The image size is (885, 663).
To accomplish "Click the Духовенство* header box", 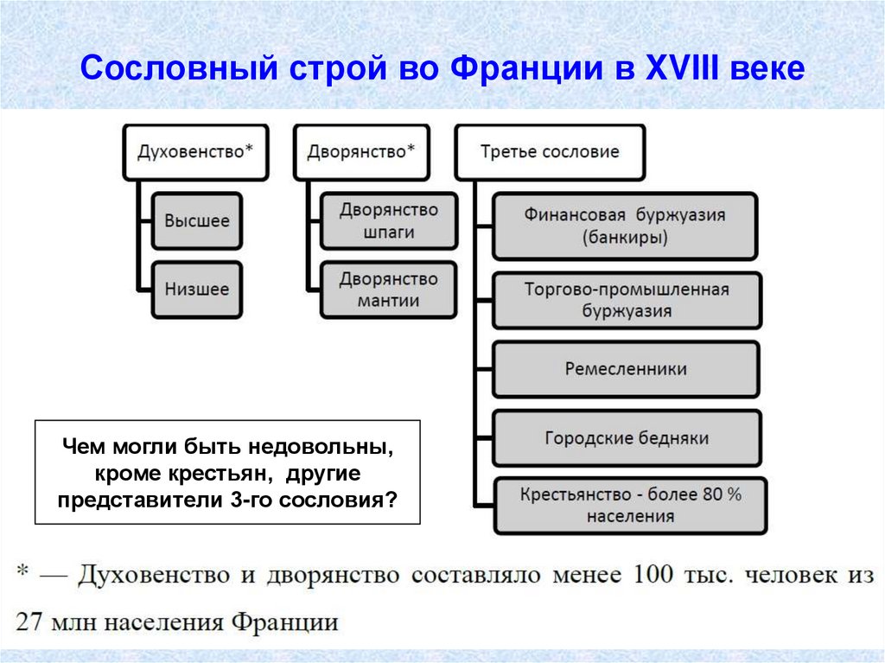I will [195, 151].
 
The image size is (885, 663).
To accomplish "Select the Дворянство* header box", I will [360, 151].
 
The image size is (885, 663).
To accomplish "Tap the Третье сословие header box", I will [550, 151].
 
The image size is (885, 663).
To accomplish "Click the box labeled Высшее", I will [197, 220].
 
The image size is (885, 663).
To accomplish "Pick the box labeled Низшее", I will [197, 289].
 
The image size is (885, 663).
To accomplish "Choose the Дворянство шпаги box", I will [388, 220].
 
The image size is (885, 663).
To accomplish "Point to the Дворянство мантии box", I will [388, 290].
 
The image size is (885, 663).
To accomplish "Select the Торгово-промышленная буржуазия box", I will [627, 299].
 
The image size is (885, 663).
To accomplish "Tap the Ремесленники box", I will [627, 368].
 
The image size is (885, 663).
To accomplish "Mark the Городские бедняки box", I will [627, 437].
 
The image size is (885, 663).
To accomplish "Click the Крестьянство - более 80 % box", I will [630, 505].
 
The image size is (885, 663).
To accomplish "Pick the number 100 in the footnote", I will [654, 575].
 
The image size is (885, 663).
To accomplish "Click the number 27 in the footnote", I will [29, 622].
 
